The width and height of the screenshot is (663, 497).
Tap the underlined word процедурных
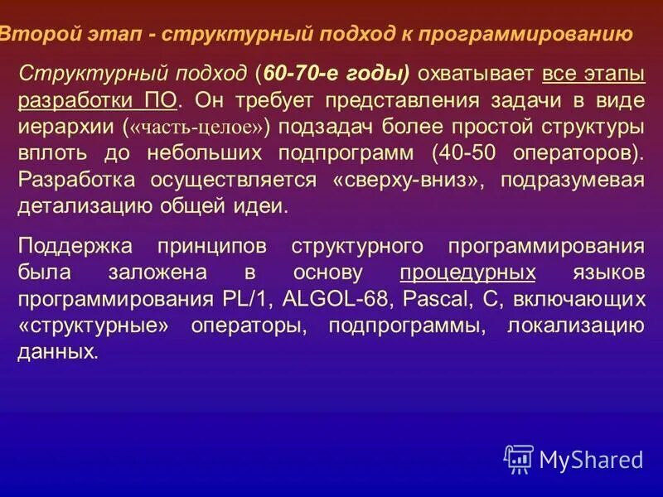tap(467, 273)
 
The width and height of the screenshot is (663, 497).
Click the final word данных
tap(57, 352)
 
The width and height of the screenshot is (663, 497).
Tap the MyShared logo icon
tap(519, 458)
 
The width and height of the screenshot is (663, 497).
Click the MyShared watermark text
tap(591, 459)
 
